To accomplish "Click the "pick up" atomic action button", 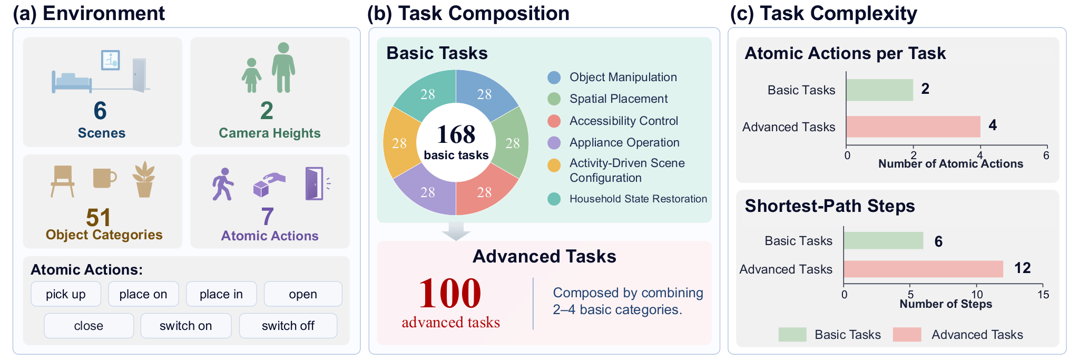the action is [x=66, y=294].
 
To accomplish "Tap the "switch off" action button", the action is [x=288, y=326].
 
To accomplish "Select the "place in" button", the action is [x=221, y=294].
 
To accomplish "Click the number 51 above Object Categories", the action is [x=99, y=217].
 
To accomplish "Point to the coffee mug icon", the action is [x=105, y=178].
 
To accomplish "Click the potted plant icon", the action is [x=144, y=180].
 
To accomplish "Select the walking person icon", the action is [x=223, y=184].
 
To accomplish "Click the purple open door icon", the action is [x=315, y=183].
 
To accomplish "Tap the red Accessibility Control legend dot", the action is [x=554, y=121].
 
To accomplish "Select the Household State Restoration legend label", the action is [x=639, y=199].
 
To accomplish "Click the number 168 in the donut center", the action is [x=456, y=134].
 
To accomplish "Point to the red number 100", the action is [x=450, y=293].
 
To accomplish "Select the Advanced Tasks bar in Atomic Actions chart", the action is [x=914, y=127].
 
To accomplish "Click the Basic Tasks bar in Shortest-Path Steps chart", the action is [x=884, y=240].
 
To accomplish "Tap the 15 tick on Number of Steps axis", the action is [x=1043, y=295].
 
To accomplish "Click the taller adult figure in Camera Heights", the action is [x=283, y=67].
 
